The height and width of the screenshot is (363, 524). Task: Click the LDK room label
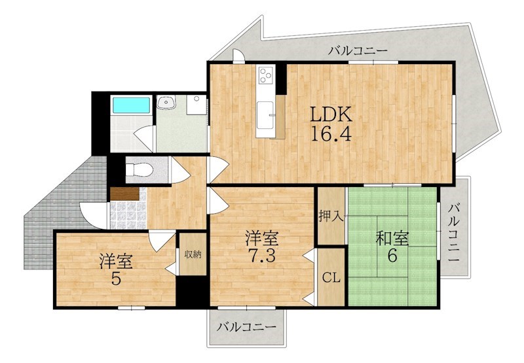point(331,116)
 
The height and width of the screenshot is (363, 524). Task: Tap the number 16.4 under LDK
point(331,136)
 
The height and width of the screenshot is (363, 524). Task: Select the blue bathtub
point(131,105)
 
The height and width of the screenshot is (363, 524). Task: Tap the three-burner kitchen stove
point(267,77)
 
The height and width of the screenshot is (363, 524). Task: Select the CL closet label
point(331,277)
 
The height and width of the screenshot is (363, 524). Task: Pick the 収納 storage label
point(192,254)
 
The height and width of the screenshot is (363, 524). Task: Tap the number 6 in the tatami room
point(392,256)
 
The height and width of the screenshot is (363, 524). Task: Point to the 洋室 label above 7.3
point(262,236)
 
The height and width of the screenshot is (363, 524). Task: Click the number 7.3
point(262,254)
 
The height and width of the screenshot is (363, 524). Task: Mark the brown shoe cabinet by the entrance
point(124,194)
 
